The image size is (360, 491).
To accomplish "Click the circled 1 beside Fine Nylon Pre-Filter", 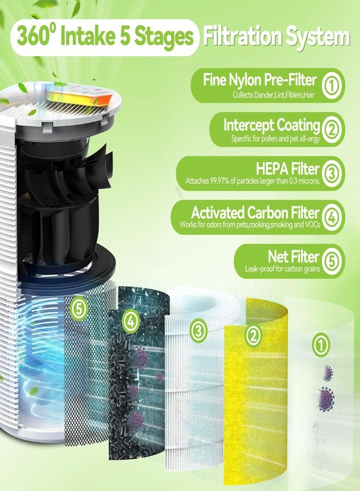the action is tap(332, 86).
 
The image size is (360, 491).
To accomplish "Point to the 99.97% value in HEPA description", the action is tap(219, 181).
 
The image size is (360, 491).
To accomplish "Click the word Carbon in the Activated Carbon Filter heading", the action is tap(267, 213).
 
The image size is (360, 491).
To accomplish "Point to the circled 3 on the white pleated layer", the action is tap(199, 331).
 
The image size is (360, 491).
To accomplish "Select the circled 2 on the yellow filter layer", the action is tap(253, 336).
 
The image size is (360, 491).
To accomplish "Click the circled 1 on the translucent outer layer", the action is tap(321, 345).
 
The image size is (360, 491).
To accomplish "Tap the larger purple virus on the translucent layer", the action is tap(327, 399).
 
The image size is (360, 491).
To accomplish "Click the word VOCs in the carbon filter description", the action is tap(312, 225).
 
